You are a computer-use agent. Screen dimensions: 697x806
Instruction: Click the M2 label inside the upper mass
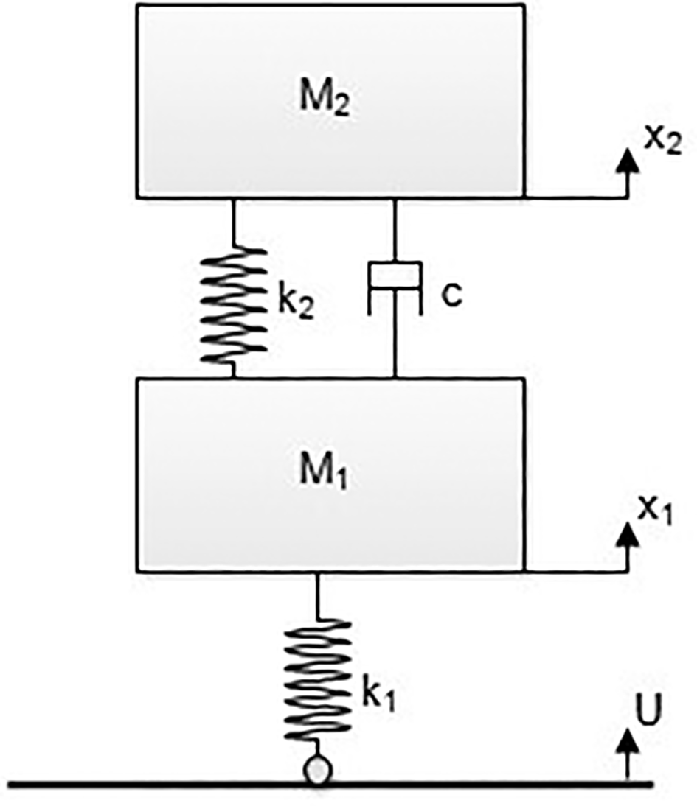325,97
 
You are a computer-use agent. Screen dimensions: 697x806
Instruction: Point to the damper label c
451,295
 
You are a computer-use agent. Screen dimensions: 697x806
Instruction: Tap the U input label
648,710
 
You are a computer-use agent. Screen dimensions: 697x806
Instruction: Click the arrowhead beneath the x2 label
628,161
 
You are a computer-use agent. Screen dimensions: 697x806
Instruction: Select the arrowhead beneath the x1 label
628,534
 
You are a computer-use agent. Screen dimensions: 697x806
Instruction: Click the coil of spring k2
234,306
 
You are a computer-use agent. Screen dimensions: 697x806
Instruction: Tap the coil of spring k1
318,680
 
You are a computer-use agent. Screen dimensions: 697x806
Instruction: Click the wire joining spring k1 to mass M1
317,596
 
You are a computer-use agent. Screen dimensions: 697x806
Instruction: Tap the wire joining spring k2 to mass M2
234,223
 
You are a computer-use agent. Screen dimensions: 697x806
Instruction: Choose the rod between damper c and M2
395,231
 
